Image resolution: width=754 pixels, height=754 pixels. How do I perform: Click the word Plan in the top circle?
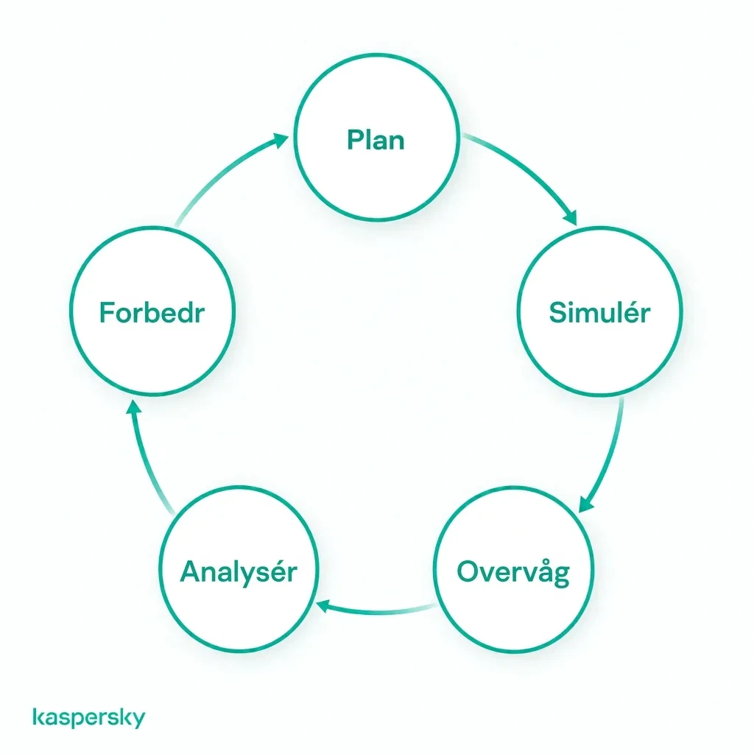[376, 140]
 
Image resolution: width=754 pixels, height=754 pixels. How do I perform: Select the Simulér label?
[599, 312]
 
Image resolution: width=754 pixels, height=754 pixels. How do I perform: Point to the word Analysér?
[239, 572]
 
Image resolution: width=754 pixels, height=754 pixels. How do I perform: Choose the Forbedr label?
[152, 312]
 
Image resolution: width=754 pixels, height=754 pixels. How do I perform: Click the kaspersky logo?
[89, 717]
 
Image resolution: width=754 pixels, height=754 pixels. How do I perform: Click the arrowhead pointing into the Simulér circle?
[571, 217]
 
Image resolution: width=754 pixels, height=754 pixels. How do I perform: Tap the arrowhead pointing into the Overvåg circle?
[586, 504]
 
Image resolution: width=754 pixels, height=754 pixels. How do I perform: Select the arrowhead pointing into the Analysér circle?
[322, 606]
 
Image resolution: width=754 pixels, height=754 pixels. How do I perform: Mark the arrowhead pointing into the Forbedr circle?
[134, 406]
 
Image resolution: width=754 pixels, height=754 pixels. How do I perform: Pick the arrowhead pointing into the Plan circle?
[281, 140]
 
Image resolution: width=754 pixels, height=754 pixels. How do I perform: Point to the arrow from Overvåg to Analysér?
[378, 612]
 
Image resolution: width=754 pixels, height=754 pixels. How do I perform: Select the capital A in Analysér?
[191, 571]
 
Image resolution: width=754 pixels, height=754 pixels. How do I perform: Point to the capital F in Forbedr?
[108, 312]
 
